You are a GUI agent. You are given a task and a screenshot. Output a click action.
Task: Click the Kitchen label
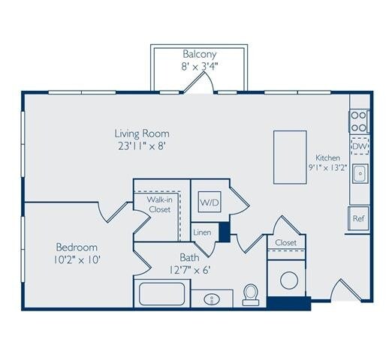(x=327, y=157)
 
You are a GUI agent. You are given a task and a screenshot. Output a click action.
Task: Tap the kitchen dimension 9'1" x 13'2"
(x=328, y=168)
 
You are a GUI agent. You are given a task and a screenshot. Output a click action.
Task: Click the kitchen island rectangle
(x=289, y=157)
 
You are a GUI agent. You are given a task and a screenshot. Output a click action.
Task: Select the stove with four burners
(x=358, y=121)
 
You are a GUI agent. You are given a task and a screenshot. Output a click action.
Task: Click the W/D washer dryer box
(x=208, y=202)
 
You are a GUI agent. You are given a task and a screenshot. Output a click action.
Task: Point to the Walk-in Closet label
(x=158, y=205)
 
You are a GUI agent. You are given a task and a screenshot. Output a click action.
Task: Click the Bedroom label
(x=77, y=247)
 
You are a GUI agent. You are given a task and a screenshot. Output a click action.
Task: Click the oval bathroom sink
(x=212, y=298)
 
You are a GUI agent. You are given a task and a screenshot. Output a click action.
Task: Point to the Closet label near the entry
(x=286, y=242)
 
